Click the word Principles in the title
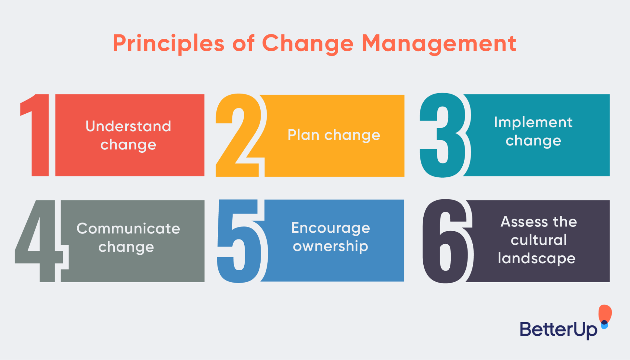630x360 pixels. pos(168,43)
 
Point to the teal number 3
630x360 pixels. pos(443,135)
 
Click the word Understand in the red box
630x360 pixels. pos(128,126)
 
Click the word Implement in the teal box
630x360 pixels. pos(533,122)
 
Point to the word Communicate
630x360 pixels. pos(128,228)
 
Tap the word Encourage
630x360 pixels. pos(331,228)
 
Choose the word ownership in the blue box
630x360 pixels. pos(331,246)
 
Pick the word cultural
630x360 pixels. pos(539,240)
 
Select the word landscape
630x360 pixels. pos(537,258)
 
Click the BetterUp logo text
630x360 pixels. pos(558,330)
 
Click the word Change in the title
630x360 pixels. pos(308,43)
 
